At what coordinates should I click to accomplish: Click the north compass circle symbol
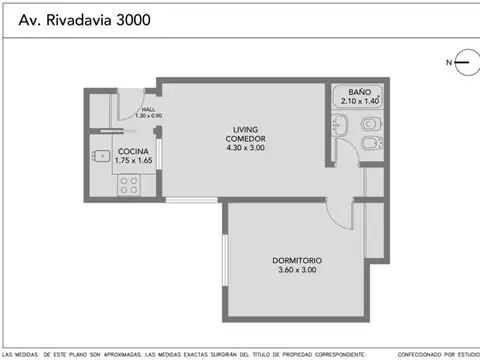pos(464,63)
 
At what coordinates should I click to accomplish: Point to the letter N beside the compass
pos(447,63)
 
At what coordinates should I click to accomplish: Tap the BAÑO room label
pos(359,92)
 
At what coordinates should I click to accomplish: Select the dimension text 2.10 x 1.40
pos(359,101)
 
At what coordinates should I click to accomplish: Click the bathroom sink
pos(339,126)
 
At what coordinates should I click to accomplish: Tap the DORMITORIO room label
pos(297,261)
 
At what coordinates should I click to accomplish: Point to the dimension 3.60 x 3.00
pos(297,270)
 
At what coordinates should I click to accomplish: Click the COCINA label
pos(133,151)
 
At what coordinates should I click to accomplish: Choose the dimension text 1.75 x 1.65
pos(133,160)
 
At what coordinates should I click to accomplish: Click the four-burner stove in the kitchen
pos(128,183)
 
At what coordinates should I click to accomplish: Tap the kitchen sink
pos(101,157)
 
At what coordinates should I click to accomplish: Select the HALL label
pos(148,109)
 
